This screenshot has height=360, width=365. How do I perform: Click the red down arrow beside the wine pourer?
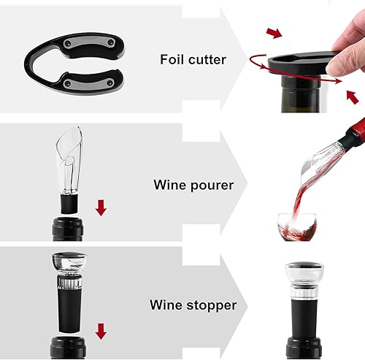[101, 208]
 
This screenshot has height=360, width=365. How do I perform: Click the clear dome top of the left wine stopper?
[68, 263]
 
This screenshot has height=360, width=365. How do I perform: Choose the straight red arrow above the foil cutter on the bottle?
[274, 33]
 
